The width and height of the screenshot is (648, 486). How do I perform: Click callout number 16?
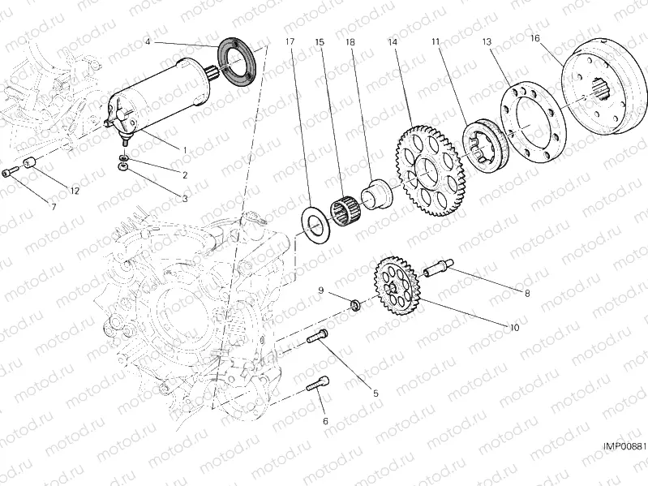tap(535, 38)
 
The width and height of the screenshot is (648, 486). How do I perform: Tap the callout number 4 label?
tap(148, 41)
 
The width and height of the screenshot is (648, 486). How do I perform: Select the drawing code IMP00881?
tap(624, 446)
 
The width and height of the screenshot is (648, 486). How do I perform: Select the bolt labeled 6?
tap(318, 388)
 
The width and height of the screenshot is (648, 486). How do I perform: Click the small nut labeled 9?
tap(354, 306)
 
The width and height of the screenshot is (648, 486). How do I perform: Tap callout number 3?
tap(185, 198)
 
